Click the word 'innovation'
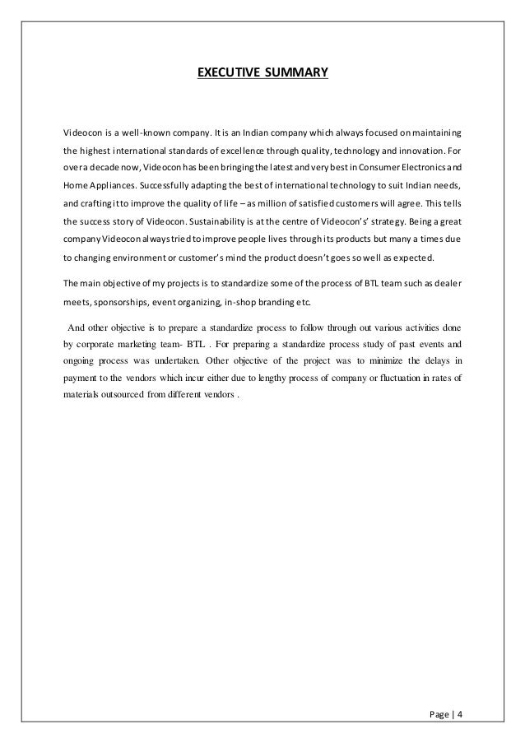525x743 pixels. tap(421, 151)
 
